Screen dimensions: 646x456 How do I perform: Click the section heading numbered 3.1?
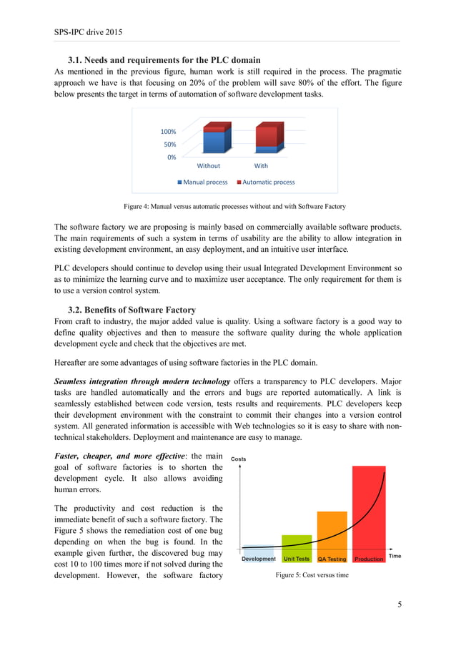point(164,59)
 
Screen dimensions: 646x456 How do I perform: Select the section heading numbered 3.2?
point(132,310)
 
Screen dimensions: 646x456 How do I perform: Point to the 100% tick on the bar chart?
point(168,132)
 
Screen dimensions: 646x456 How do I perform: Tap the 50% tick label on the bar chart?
point(169,145)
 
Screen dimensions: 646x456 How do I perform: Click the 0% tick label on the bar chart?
point(171,157)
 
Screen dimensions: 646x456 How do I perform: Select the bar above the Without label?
point(217,140)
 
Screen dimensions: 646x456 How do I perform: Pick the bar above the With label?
point(269,138)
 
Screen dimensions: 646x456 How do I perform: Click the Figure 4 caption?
point(234,207)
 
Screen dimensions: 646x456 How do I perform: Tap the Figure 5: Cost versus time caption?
point(312,574)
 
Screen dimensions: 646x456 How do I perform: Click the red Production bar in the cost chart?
point(368,512)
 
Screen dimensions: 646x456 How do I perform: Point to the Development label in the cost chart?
point(258,559)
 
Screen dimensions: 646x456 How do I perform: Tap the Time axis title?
point(394,556)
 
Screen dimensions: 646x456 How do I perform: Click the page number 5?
point(400,605)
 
